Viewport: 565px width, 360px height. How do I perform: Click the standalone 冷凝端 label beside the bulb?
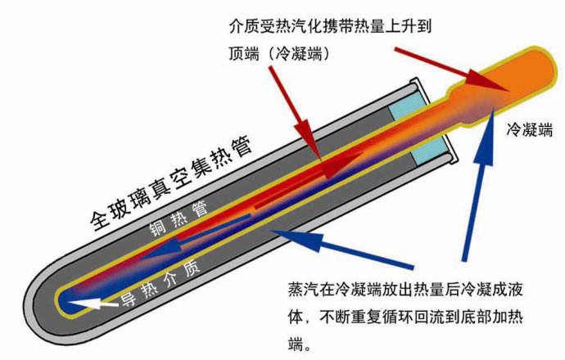[530, 128]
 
